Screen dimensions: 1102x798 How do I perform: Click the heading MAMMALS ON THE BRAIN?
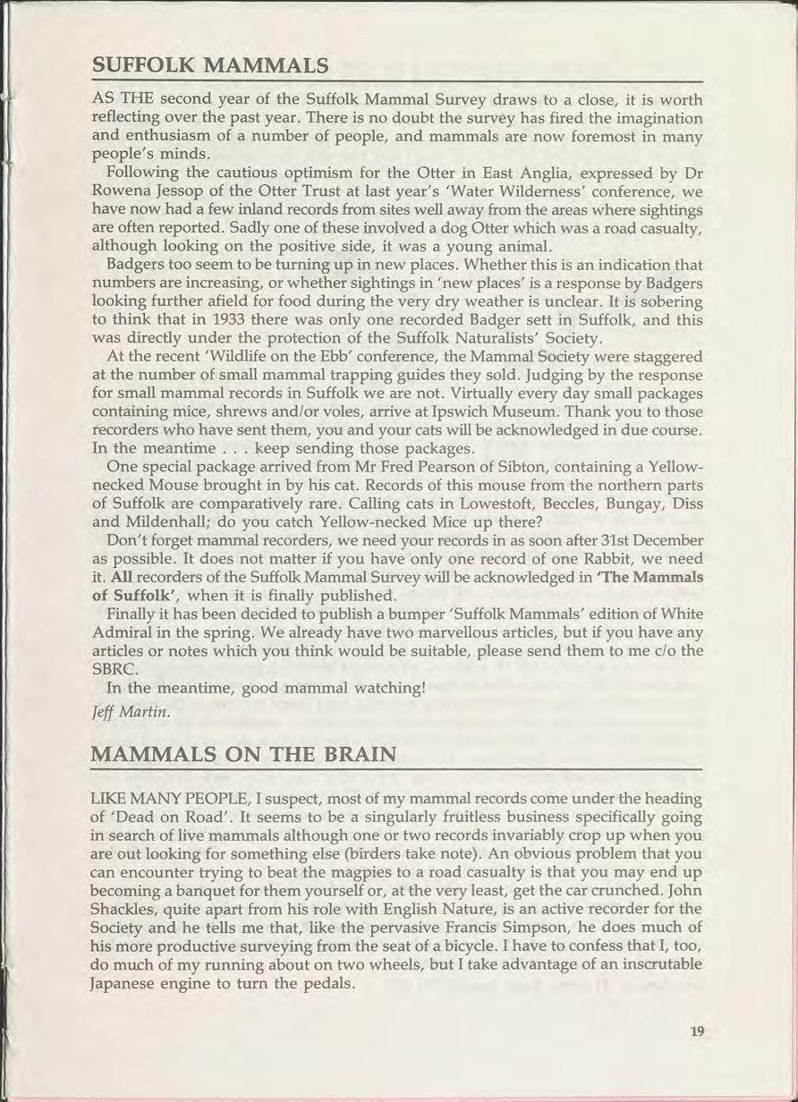click(x=243, y=753)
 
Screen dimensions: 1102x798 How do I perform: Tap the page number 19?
click(x=697, y=1031)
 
